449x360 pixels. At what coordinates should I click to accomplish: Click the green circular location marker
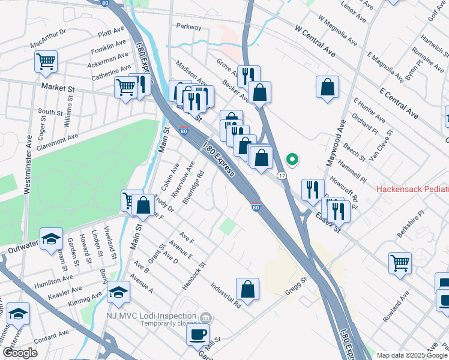pos(292,159)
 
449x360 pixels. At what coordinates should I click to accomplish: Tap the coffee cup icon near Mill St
pos(197,334)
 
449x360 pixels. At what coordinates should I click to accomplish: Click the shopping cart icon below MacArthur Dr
pos(46,61)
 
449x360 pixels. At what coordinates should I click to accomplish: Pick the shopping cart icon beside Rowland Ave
pos(400,262)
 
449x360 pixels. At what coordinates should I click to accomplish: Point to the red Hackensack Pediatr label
pos(412,189)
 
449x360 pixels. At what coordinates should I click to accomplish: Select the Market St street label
pos(58,88)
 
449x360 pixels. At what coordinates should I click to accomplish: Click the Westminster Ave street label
pos(28,163)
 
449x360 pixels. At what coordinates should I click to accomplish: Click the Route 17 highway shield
pos(281,175)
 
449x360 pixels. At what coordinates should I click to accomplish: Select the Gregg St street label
pos(295,285)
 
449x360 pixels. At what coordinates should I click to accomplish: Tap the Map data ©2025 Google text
pos(412,355)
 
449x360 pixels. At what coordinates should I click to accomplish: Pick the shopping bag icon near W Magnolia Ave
pos(327,86)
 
